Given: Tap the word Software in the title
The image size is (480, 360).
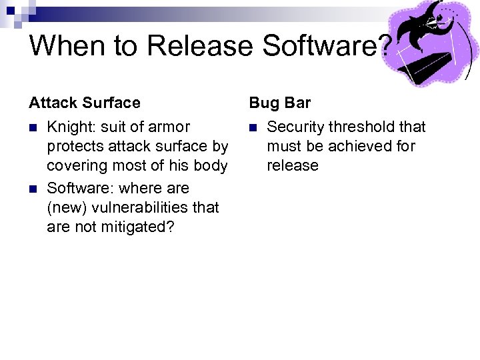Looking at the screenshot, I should tap(319, 46).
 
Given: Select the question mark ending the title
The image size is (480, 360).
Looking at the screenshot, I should tap(385, 46).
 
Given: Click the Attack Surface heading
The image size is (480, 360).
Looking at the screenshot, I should tap(85, 103).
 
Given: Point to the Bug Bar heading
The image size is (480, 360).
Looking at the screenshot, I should tap(280, 103).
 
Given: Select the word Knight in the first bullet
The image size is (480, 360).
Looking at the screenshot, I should tap(71, 127).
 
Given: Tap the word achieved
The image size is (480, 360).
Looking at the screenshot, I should tap(355, 146).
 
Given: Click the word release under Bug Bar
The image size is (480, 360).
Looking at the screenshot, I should tap(293, 165).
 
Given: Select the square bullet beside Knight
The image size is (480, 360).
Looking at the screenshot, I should tap(33, 127).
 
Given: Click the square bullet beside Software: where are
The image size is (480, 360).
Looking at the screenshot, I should tap(33, 189).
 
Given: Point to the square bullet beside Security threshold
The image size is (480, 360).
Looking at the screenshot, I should tap(253, 127).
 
